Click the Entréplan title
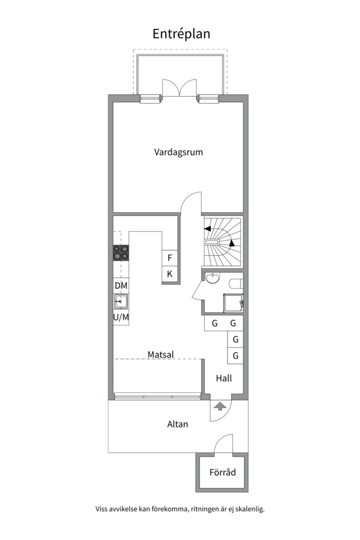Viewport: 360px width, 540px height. click(181, 34)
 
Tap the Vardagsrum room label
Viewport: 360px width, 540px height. click(178, 152)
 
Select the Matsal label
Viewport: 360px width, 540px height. click(160, 354)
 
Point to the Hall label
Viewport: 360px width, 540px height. click(224, 378)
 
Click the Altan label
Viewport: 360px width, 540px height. click(178, 424)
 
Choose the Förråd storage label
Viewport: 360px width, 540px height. click(222, 472)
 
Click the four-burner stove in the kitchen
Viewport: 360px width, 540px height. click(121, 253)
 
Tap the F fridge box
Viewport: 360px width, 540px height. click(170, 258)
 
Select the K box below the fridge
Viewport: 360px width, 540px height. click(170, 274)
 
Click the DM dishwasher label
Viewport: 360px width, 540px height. click(121, 285)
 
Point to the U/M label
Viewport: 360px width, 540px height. click(121, 317)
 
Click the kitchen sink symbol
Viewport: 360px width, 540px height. click(121, 301)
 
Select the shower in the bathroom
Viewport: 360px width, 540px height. click(233, 303)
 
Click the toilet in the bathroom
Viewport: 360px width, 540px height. click(236, 283)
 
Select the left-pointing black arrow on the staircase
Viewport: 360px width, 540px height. click(207, 228)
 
